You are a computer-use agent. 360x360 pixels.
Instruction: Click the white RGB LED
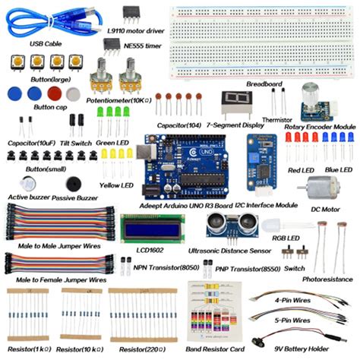pyautogui.click(x=275, y=226)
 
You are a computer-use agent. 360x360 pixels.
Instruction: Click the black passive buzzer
pyautogui.click(x=73, y=184)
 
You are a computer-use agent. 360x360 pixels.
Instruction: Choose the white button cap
pyautogui.click(x=73, y=94)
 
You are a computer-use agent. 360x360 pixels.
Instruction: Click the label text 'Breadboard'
pyautogui.click(x=264, y=84)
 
